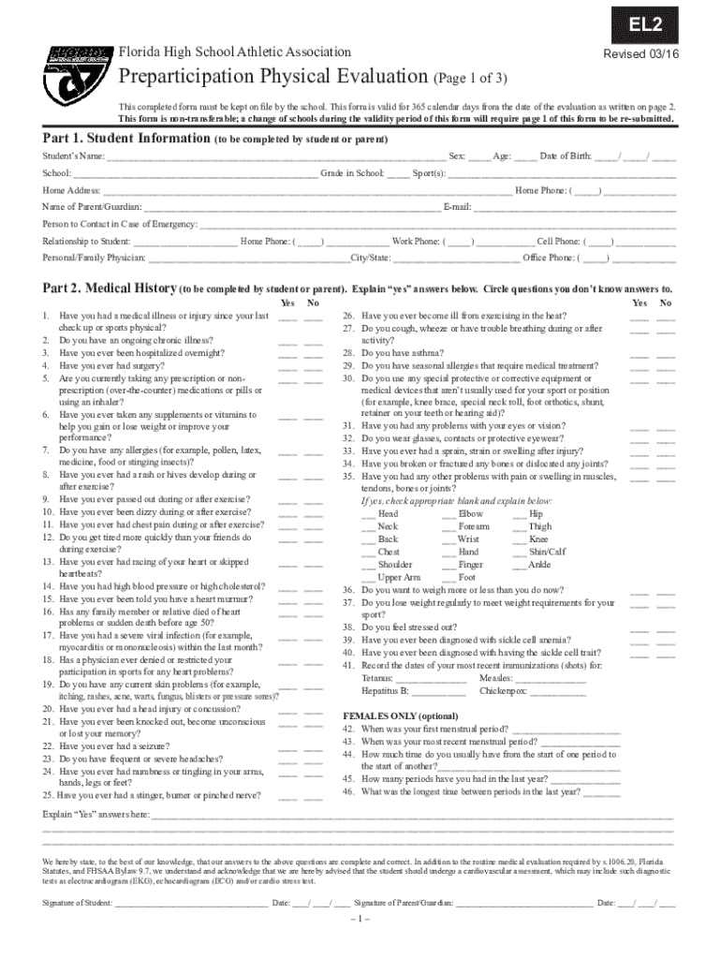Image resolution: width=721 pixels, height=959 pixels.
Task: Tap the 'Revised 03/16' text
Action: pos(640,54)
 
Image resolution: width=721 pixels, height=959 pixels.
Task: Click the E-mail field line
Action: pos(574,207)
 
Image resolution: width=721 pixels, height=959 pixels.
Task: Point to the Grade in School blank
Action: pos(397,174)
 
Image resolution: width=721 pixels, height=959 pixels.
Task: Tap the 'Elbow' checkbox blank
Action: pos(449,515)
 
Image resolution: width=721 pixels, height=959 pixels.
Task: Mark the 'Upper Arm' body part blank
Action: pos(369,579)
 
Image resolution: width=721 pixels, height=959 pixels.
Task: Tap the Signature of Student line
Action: pos(190,905)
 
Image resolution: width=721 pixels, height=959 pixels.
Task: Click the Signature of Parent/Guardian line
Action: pos(523,905)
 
